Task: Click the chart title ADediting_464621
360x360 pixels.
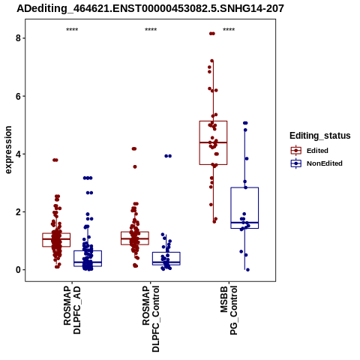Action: (x=150, y=9)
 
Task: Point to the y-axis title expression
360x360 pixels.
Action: (x=8, y=150)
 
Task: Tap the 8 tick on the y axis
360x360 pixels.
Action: (x=18, y=38)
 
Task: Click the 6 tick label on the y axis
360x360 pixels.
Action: (x=18, y=96)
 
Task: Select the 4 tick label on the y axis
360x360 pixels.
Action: (x=18, y=154)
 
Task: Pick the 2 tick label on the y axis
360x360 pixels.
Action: (x=18, y=211)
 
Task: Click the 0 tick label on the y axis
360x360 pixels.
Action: (x=18, y=270)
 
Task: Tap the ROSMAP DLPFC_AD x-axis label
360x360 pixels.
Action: (x=72, y=310)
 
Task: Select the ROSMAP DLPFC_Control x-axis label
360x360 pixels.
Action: (x=151, y=319)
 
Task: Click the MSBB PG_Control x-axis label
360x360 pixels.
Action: (x=229, y=310)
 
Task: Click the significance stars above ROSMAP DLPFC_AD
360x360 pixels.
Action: (x=72, y=30)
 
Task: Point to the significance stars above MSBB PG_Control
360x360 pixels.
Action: (x=229, y=30)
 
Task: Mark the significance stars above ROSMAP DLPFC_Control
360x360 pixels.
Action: (x=151, y=30)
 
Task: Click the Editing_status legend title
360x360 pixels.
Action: (x=320, y=136)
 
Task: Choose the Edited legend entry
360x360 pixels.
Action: (x=309, y=151)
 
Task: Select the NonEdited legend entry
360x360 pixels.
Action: (x=316, y=163)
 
